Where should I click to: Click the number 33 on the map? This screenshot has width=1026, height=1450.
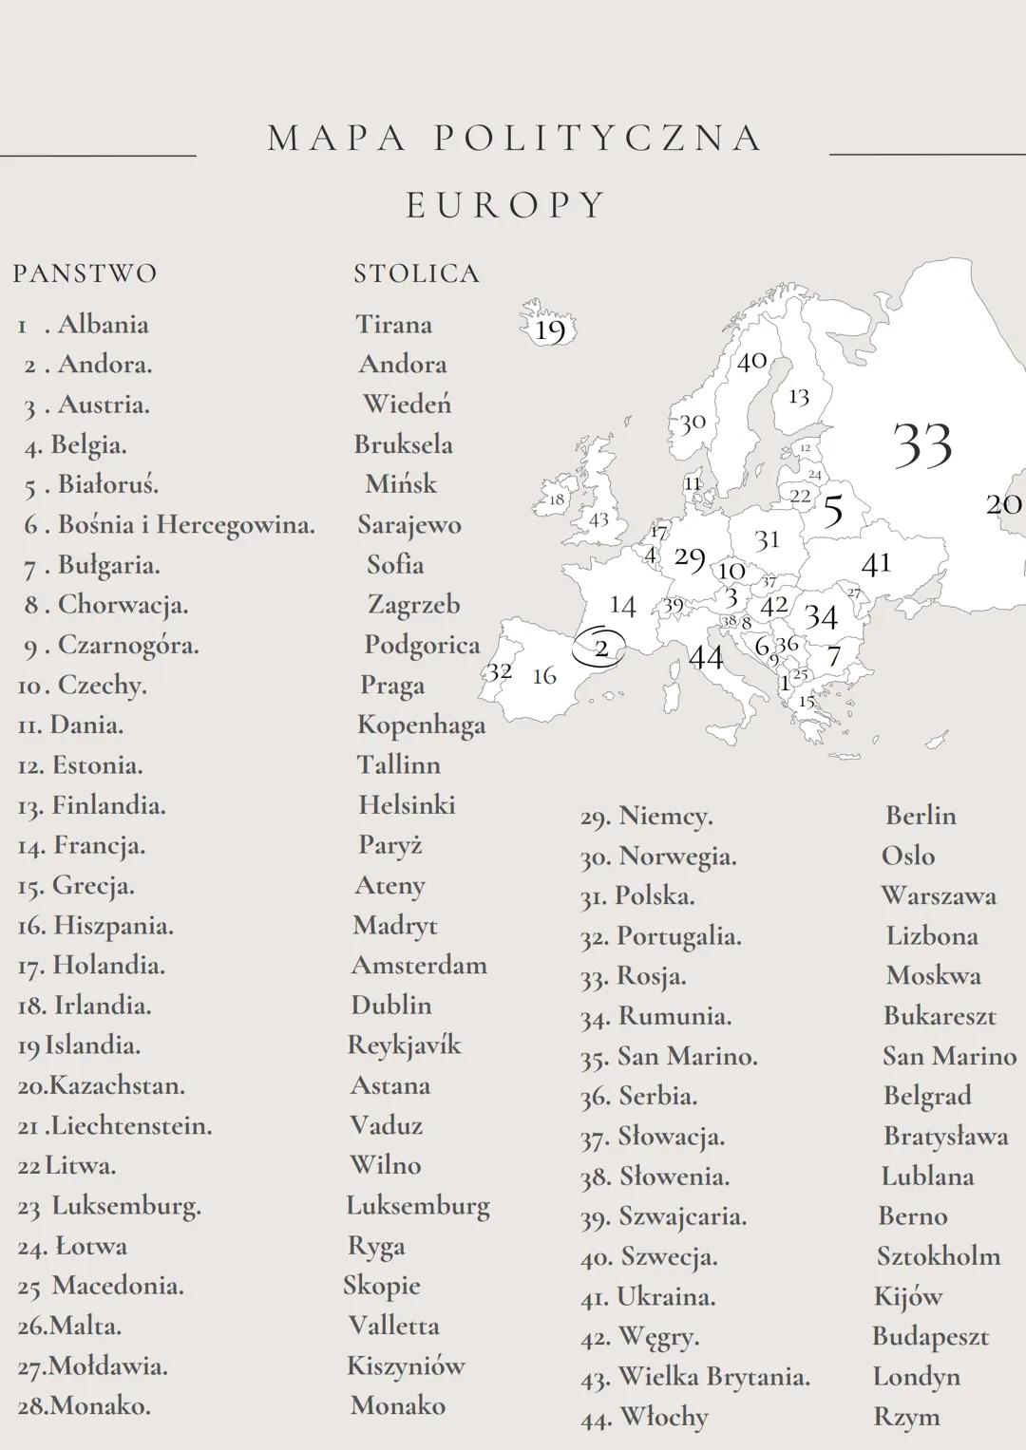tap(922, 444)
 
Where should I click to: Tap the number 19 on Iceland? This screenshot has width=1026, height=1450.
tap(550, 330)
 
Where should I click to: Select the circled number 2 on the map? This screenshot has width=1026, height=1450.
tap(601, 648)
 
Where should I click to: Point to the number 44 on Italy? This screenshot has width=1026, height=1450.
tap(706, 656)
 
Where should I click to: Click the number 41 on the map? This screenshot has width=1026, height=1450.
tap(876, 564)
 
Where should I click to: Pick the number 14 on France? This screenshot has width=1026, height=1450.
tap(622, 605)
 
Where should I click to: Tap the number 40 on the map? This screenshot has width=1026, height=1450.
tap(751, 361)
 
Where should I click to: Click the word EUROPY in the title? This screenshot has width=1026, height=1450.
tap(506, 205)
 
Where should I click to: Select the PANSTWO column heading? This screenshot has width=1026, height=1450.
tap(85, 273)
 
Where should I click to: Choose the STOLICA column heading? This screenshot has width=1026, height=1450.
tap(416, 273)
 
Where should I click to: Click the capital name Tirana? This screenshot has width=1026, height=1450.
tap(393, 325)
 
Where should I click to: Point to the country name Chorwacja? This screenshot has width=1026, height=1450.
tap(123, 605)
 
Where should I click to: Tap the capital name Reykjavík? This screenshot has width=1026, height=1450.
tap(404, 1045)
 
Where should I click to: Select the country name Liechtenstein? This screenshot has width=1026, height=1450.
tap(131, 1126)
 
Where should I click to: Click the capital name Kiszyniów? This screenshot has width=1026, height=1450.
tap(406, 1366)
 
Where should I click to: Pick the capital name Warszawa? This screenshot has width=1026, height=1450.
tap(939, 896)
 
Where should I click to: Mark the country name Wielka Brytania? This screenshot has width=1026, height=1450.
tap(713, 1377)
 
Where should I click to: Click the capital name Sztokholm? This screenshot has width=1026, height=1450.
tap(939, 1256)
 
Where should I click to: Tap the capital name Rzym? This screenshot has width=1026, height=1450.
tap(907, 1417)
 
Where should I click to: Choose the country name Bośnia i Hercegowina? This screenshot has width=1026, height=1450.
tap(186, 525)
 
